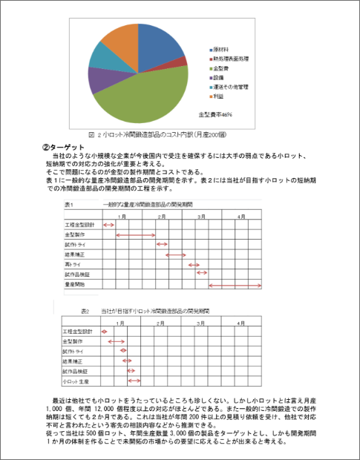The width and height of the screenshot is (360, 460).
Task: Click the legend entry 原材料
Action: [x=221, y=49]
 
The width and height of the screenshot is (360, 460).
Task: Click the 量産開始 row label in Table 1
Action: [x=75, y=285]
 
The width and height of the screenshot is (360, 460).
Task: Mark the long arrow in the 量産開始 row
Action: [x=235, y=285]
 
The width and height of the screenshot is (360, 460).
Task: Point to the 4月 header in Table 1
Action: [x=241, y=215]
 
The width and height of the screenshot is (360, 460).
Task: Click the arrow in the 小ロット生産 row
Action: [x=134, y=381]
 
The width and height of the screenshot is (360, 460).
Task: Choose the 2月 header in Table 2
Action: [x=160, y=323]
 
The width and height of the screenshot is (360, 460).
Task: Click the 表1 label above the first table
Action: [x=69, y=203]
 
